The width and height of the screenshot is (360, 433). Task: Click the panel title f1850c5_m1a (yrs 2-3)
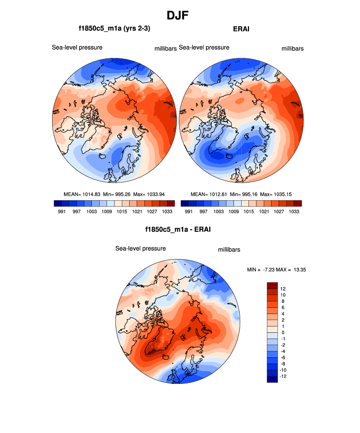coord(114,29)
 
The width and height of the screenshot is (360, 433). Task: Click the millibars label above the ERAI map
coord(293,49)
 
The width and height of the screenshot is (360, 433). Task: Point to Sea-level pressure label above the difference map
coord(140,248)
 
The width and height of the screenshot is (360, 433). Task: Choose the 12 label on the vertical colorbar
coord(283,288)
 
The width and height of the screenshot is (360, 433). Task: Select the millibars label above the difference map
coord(229,250)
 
